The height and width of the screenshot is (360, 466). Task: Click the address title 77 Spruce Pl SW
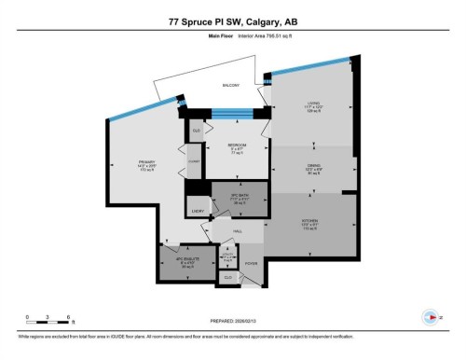[x=233, y=21]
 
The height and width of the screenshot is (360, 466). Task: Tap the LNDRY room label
[x=198, y=213]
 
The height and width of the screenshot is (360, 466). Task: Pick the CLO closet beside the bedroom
[x=197, y=131]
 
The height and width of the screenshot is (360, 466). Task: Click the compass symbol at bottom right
[x=430, y=316]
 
